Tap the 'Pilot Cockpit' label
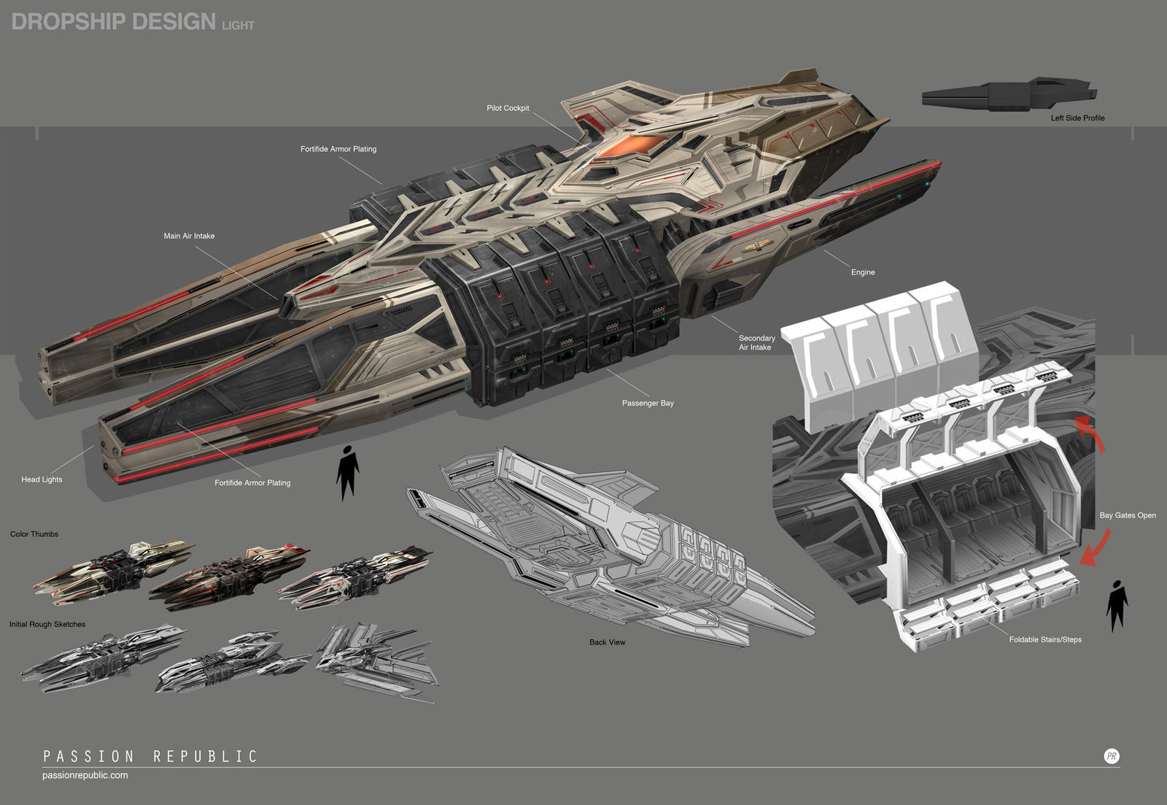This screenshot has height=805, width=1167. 508,108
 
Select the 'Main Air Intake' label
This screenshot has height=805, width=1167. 189,236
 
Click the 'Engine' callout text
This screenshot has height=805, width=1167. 863,272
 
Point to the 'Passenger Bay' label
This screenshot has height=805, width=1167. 648,403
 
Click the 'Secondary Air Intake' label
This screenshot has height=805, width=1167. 756,342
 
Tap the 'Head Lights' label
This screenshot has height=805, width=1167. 42,479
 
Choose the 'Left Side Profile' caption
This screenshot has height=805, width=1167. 1077,118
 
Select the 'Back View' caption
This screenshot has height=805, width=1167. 607,642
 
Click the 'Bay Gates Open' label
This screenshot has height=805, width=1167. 1128,515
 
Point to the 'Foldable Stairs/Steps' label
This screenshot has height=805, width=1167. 1045,639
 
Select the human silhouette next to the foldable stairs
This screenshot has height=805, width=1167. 1117,606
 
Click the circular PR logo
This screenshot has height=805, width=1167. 1112,757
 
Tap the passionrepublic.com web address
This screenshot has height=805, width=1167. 85,775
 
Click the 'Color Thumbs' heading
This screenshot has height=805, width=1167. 34,534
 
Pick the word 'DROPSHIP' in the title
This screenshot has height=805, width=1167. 69,22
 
